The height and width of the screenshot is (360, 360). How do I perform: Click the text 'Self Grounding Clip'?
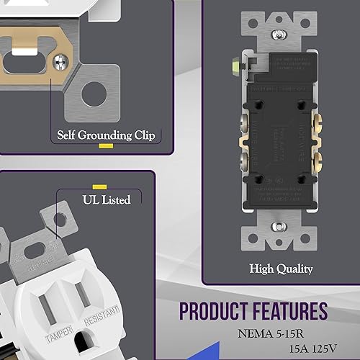pos(105,135)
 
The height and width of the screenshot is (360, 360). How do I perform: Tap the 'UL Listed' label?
pos(105,199)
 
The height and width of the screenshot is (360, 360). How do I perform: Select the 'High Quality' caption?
pos(281,269)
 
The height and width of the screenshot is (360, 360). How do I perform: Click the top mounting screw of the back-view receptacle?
pos(278,34)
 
